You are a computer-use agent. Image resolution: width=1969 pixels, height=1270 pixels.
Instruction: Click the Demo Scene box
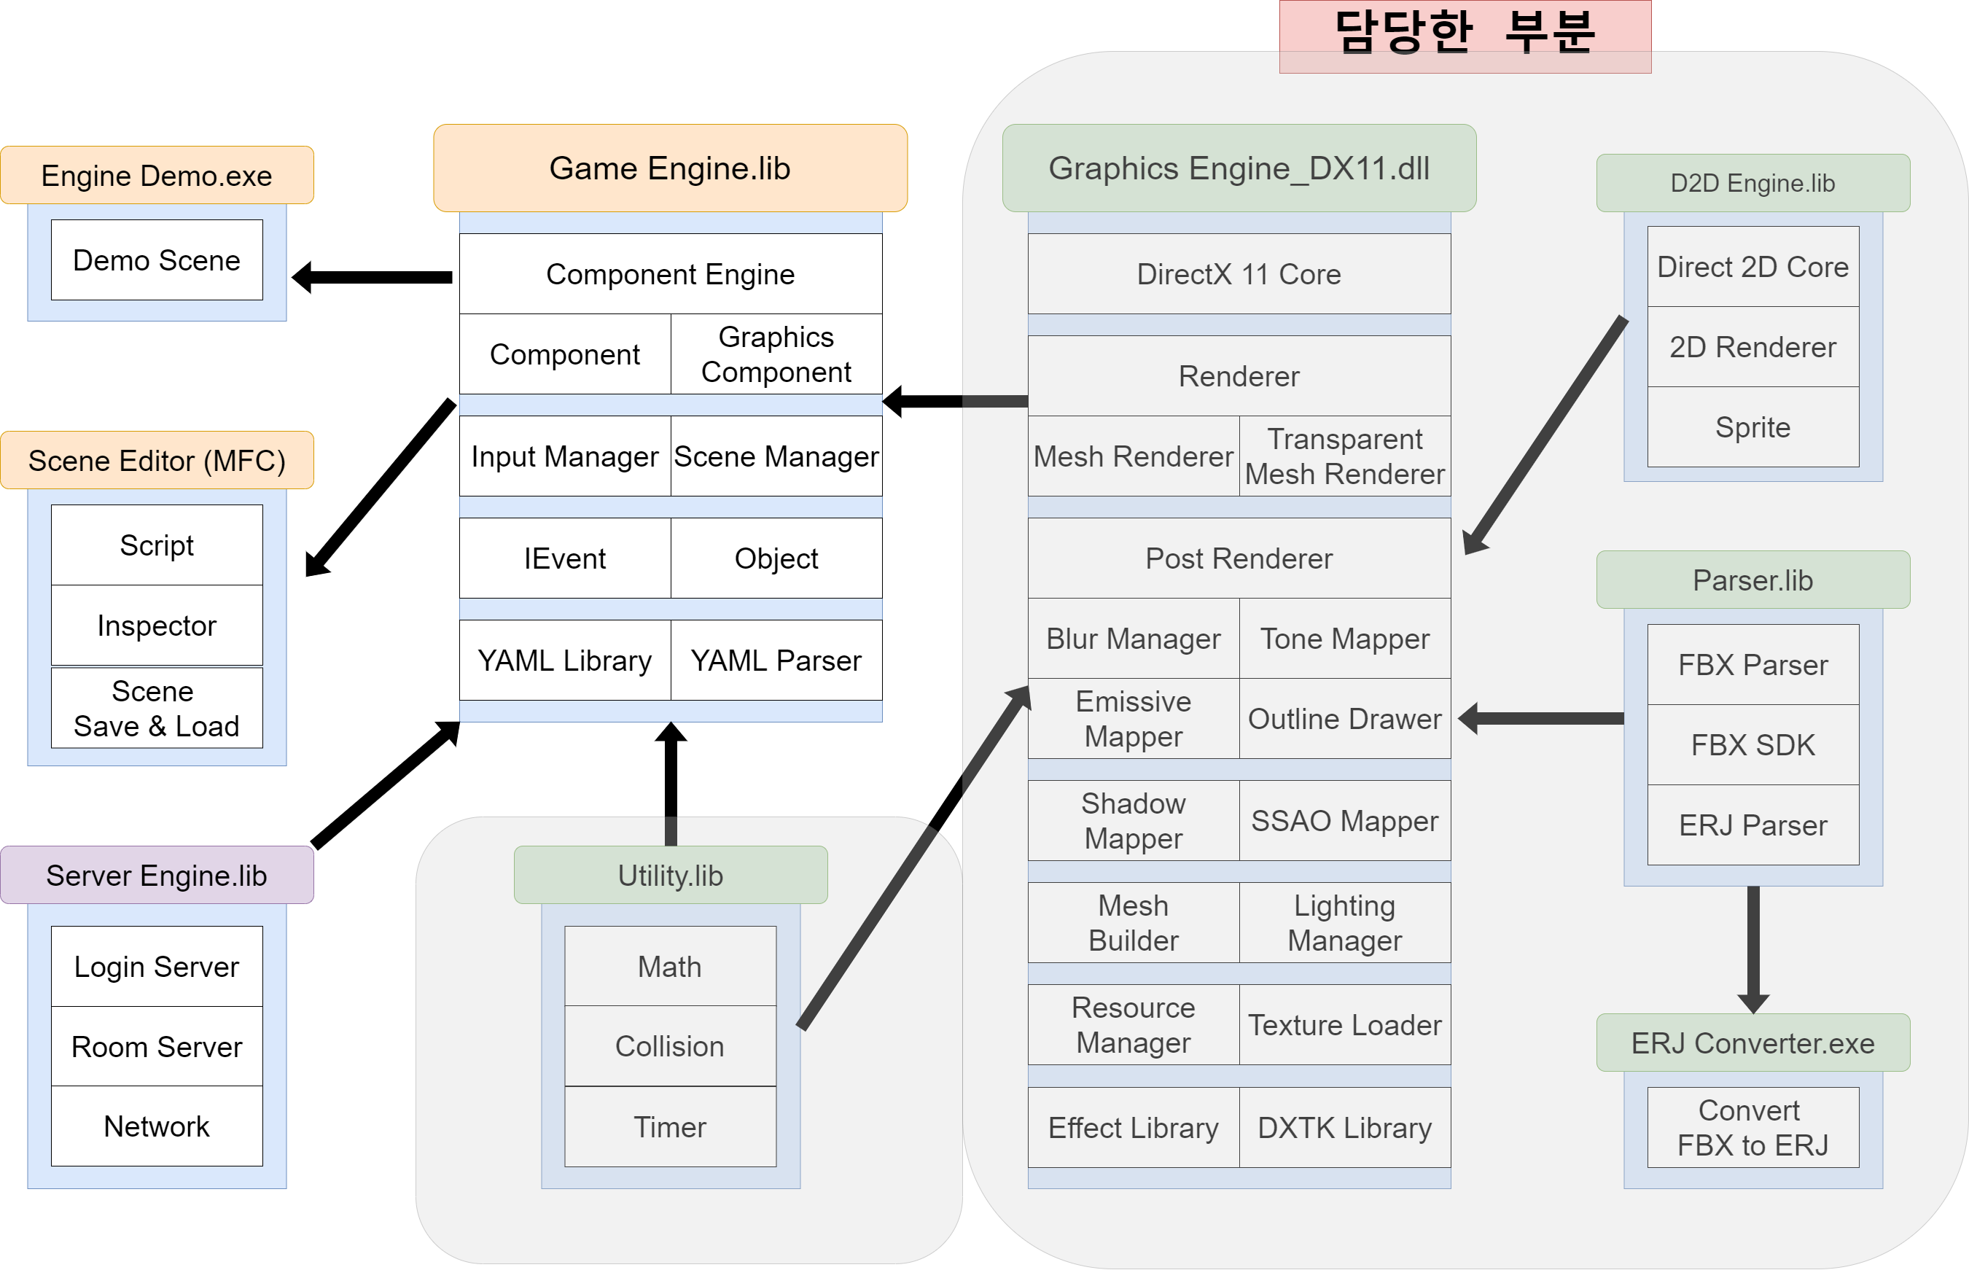157,260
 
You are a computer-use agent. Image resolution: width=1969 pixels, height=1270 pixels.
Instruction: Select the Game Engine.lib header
669,168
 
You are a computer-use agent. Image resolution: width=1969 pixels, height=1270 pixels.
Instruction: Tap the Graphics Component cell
776,354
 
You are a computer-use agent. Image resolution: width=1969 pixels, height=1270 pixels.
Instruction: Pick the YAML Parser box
776,661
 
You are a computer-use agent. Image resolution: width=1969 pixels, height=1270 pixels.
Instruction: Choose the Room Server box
157,1046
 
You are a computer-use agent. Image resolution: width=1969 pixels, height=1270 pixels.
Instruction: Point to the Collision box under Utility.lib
669,1045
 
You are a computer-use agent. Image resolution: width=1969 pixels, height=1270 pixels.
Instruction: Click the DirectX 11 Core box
1239,274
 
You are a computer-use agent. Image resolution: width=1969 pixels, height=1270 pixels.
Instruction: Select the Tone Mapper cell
1344,639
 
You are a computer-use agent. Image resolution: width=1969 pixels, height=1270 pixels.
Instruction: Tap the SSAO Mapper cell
1344,821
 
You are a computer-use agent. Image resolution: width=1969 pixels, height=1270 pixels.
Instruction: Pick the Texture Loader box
1344,1024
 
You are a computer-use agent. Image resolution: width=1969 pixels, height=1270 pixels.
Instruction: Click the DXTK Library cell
1344,1127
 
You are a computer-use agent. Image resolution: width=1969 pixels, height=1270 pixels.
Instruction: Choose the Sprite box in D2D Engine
1752,427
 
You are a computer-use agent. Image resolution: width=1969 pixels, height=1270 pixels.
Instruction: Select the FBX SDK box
1752,744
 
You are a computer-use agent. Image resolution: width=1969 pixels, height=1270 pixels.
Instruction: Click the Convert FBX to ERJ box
1752,1127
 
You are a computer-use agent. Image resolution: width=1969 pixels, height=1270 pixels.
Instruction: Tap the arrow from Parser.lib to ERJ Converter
1753,948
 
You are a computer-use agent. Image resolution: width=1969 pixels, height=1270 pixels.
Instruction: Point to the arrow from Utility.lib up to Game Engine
671,784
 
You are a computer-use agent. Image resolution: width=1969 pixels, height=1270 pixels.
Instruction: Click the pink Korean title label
1465,35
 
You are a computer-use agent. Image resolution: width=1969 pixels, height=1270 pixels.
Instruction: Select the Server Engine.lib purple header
157,875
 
